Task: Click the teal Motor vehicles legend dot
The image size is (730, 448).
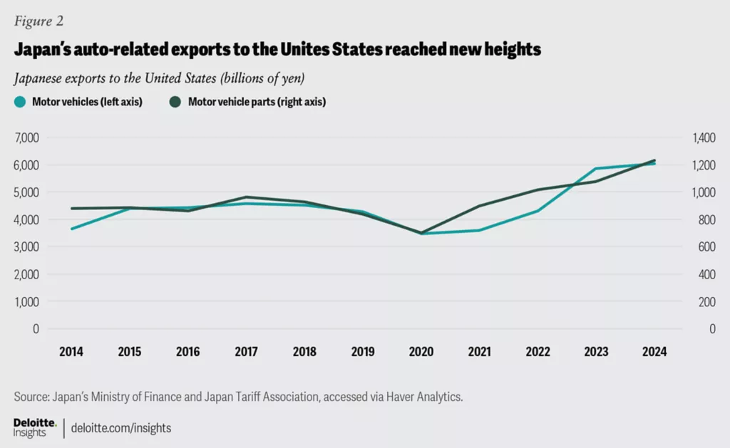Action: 21,102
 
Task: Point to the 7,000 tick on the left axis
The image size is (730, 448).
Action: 26,137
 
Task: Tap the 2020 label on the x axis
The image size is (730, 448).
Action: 421,353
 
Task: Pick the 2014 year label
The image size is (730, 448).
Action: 71,353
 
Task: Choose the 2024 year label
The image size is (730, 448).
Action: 654,353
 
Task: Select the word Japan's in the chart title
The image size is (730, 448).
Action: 48,50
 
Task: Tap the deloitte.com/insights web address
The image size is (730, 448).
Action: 121,428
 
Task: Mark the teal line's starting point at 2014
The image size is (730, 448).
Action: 71,229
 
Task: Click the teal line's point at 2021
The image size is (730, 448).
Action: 479,230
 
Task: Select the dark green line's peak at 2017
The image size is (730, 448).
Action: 246,197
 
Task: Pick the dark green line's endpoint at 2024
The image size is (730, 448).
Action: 654,160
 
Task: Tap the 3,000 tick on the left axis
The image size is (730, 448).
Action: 26,246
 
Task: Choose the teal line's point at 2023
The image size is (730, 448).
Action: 596,169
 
